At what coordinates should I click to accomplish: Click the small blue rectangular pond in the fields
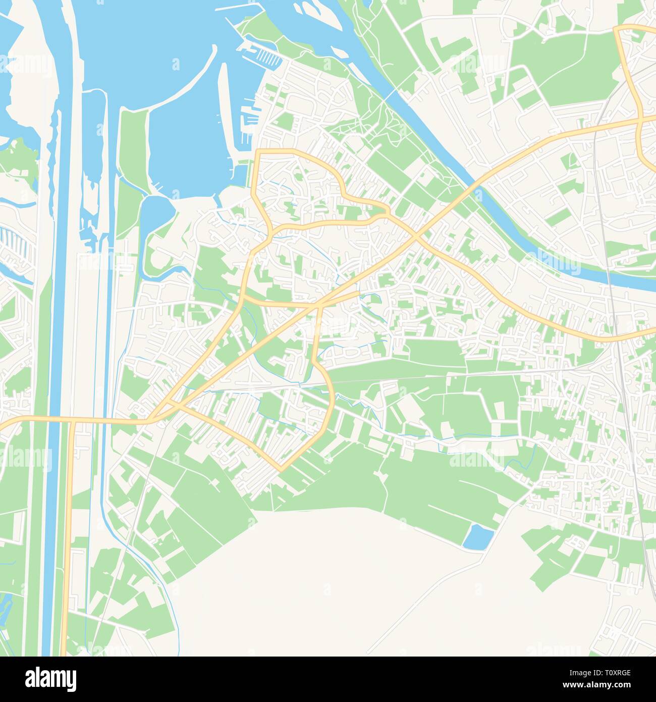click(477, 536)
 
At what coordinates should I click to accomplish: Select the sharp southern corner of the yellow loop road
click(281, 469)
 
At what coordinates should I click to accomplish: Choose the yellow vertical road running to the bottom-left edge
click(67, 556)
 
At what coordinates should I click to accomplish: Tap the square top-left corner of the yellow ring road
click(257, 152)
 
